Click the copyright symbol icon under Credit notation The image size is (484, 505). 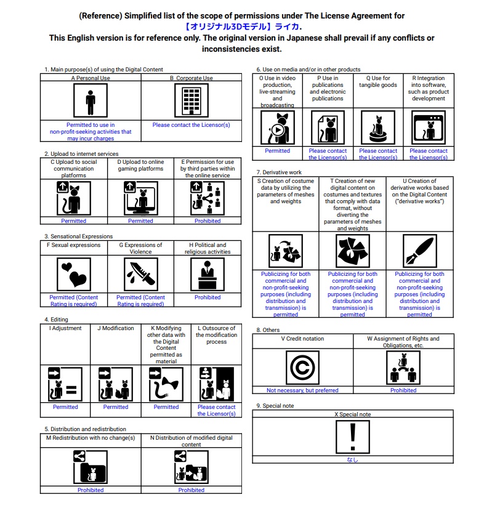click(x=302, y=367)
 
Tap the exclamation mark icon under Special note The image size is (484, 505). click(x=352, y=437)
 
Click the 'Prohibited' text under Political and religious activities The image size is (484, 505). click(x=208, y=297)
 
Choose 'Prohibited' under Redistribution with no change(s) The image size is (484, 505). click(x=91, y=490)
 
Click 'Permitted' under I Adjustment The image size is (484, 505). click(x=65, y=407)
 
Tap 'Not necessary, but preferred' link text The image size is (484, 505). click(x=302, y=390)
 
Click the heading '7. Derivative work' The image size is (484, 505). click(x=279, y=172)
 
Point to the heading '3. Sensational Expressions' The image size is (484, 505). click(x=78, y=236)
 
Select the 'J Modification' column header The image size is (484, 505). click(x=116, y=328)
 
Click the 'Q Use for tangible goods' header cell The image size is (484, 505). click(x=377, y=82)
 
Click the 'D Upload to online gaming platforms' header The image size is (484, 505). click(x=140, y=165)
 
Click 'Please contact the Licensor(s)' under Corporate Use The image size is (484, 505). click(x=191, y=125)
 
